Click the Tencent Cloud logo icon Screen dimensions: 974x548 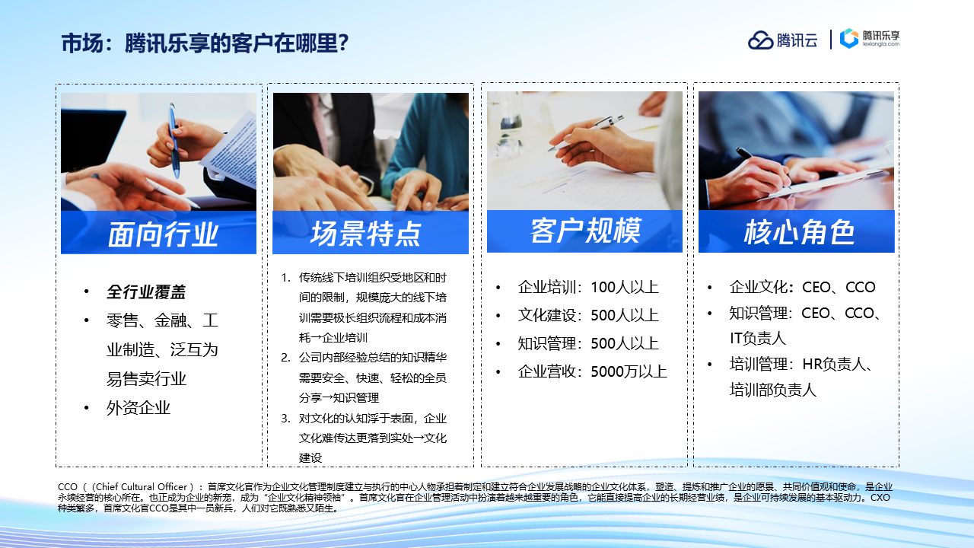pyautogui.click(x=760, y=40)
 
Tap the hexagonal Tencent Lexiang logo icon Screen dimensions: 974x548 pyautogui.click(x=848, y=38)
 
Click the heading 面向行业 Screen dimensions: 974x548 pyautogui.click(x=163, y=234)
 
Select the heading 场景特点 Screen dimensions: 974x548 pyautogui.click(x=366, y=233)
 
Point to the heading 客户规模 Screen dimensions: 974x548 pyautogui.click(x=585, y=231)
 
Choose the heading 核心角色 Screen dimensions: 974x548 pyautogui.click(x=799, y=231)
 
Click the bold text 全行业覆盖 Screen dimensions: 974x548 pyautogui.click(x=146, y=292)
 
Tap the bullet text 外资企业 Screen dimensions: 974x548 pyautogui.click(x=138, y=408)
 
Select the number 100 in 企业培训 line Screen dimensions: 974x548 pyautogui.click(x=604, y=288)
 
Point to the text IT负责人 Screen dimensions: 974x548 pyautogui.click(x=757, y=339)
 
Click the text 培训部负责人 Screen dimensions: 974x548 pyautogui.click(x=773, y=390)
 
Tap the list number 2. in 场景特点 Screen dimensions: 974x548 pyautogui.click(x=285, y=358)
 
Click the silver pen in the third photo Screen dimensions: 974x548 pyautogui.click(x=586, y=132)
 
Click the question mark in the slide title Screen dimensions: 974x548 pyautogui.click(x=343, y=43)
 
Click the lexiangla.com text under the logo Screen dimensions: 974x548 pyautogui.click(x=881, y=44)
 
